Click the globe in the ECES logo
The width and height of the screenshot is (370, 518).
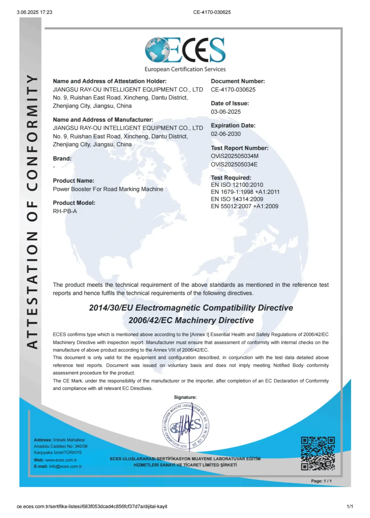pyautogui.click(x=157, y=50)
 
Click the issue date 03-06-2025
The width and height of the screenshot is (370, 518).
pyautogui.click(x=226, y=112)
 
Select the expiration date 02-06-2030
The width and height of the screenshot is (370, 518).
pyautogui.click(x=226, y=134)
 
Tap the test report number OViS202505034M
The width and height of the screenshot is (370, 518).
pyautogui.click(x=235, y=156)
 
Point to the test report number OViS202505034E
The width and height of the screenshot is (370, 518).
pyautogui.click(x=234, y=164)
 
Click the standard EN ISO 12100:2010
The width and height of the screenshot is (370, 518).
pyautogui.click(x=237, y=185)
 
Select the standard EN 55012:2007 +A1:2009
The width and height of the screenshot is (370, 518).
pyautogui.click(x=245, y=206)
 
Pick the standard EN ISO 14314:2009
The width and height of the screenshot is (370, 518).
pyautogui.click(x=237, y=199)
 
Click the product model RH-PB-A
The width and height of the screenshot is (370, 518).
pyautogui.click(x=65, y=211)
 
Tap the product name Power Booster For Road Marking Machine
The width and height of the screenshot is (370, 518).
pyautogui.click(x=108, y=189)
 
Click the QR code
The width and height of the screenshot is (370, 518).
pyautogui.click(x=318, y=454)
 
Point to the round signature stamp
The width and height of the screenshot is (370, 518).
pyautogui.click(x=185, y=426)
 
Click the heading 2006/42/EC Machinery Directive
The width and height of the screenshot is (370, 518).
pyautogui.click(x=191, y=320)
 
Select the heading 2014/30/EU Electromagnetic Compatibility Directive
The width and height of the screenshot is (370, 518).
pyautogui.click(x=191, y=308)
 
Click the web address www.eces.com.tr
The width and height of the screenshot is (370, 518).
pyautogui.click(x=61, y=460)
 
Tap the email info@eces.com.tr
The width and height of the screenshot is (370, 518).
pyautogui.click(x=65, y=467)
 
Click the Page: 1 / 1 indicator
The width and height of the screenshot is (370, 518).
pyautogui.click(x=321, y=481)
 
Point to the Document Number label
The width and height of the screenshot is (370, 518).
pyautogui.click(x=238, y=81)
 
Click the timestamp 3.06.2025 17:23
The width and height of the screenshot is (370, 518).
pyautogui.click(x=34, y=12)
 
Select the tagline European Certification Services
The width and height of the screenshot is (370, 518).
pyautogui.click(x=185, y=69)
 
